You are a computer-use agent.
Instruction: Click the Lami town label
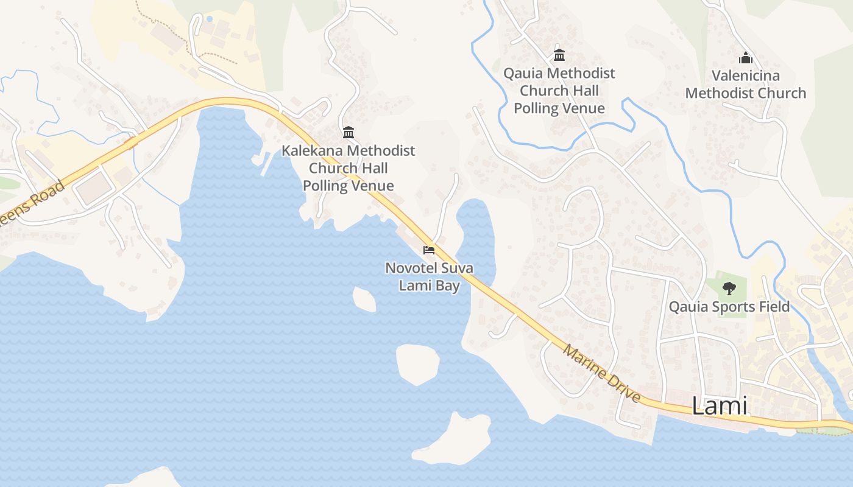pyautogui.click(x=720, y=406)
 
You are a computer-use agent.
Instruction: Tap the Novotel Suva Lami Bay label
pyautogui.click(x=429, y=276)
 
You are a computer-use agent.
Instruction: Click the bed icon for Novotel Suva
pyautogui.click(x=429, y=250)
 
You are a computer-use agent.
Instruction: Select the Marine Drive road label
pyautogui.click(x=601, y=373)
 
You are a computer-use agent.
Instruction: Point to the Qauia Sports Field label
pyautogui.click(x=729, y=306)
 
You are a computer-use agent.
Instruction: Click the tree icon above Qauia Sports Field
pyautogui.click(x=729, y=289)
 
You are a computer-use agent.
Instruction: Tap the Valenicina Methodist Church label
pyautogui.click(x=745, y=85)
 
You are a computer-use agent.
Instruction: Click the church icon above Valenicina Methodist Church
pyautogui.click(x=745, y=58)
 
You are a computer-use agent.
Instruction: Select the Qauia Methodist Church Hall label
pyautogui.click(x=559, y=91)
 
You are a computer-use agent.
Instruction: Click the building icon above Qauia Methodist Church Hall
pyautogui.click(x=559, y=55)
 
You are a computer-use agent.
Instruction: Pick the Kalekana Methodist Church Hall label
pyautogui.click(x=348, y=168)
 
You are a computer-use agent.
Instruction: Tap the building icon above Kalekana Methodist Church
pyautogui.click(x=348, y=132)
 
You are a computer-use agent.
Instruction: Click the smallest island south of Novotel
pyautogui.click(x=364, y=299)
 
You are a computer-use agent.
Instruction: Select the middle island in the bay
pyautogui.click(x=418, y=363)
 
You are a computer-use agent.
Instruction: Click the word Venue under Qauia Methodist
pyautogui.click(x=584, y=108)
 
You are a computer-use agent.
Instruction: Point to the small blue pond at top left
pyautogui.click(x=210, y=19)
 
